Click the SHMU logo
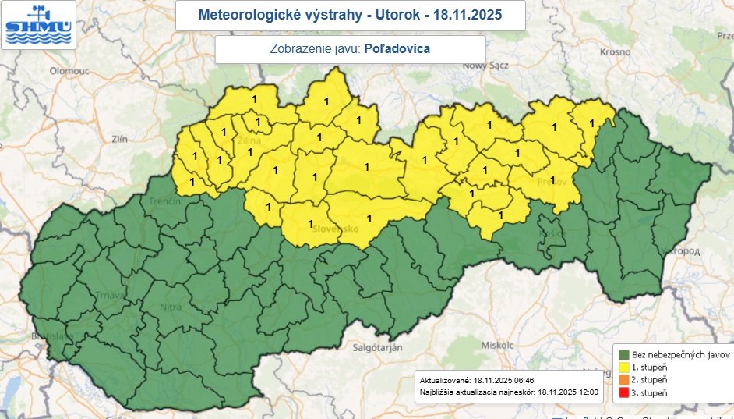(x=37, y=25)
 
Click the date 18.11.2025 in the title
(x=464, y=15)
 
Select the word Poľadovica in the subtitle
(x=397, y=48)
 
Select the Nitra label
(x=171, y=307)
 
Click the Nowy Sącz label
(x=485, y=66)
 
